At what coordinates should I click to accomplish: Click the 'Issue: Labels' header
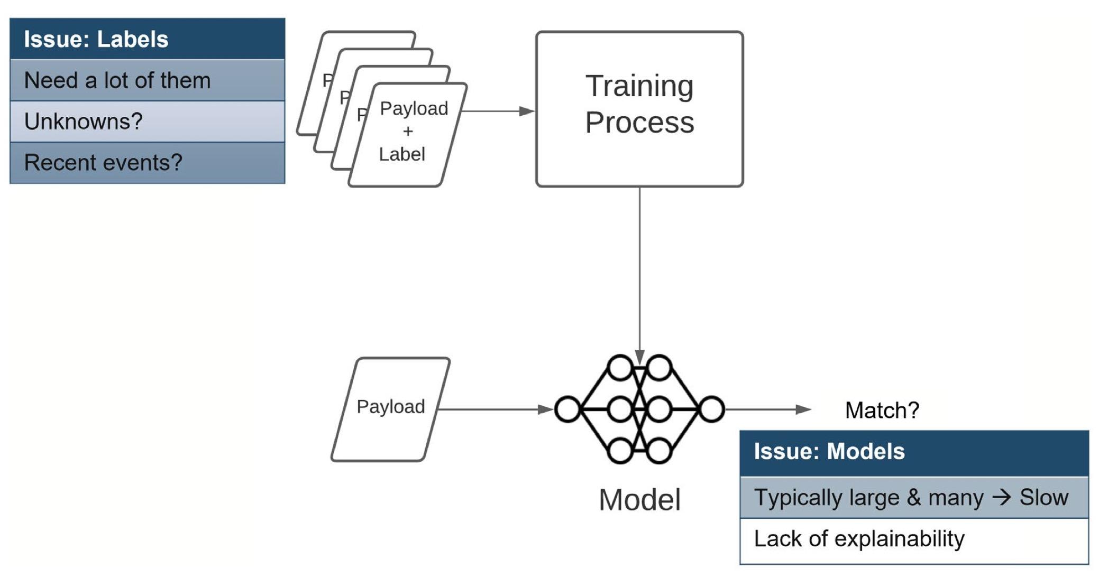click(x=147, y=39)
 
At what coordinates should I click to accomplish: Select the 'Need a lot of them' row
click(x=147, y=80)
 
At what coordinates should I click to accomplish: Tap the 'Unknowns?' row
click(x=147, y=122)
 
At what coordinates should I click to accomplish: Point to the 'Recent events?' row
click(x=147, y=163)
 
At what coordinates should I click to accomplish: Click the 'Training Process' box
click(x=639, y=109)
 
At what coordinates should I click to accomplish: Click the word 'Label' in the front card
click(x=402, y=154)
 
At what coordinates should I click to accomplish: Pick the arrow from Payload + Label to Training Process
click(x=497, y=111)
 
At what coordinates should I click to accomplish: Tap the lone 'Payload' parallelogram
click(x=391, y=409)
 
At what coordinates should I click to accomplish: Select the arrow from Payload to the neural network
click(x=494, y=409)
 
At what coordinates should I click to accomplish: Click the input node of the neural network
click(x=568, y=409)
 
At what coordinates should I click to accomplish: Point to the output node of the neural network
click(x=711, y=409)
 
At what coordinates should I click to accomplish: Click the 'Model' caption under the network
click(x=639, y=500)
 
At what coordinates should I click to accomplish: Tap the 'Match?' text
click(x=882, y=410)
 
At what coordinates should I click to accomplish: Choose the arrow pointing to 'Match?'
click(x=767, y=409)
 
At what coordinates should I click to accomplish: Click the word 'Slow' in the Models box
click(x=1043, y=498)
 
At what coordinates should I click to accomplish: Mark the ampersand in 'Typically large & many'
click(x=913, y=498)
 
